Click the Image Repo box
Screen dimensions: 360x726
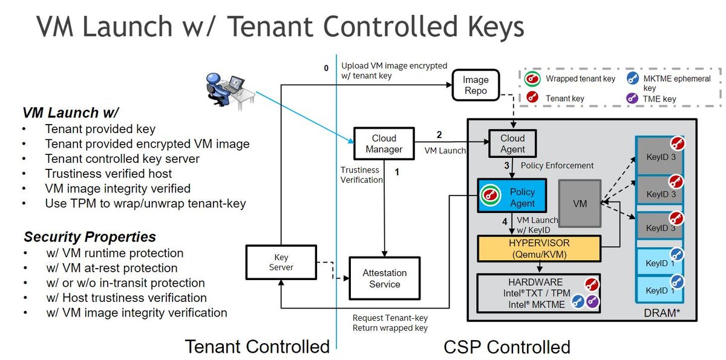point(476,85)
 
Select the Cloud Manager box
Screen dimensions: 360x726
point(384,144)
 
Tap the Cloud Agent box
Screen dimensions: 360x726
point(512,144)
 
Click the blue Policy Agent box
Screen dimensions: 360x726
point(512,197)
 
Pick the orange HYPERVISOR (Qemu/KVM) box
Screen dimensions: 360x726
point(540,249)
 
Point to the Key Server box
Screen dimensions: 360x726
point(281,262)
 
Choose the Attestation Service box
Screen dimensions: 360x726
point(384,278)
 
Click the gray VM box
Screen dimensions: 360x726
point(580,204)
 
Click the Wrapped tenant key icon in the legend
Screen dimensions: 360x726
point(532,79)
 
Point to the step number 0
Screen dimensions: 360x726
point(326,68)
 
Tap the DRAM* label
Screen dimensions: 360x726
point(670,312)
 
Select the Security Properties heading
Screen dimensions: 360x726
point(90,237)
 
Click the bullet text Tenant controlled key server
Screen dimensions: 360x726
point(122,159)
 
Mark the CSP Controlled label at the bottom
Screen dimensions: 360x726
point(506,347)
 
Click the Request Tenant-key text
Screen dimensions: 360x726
point(390,318)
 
